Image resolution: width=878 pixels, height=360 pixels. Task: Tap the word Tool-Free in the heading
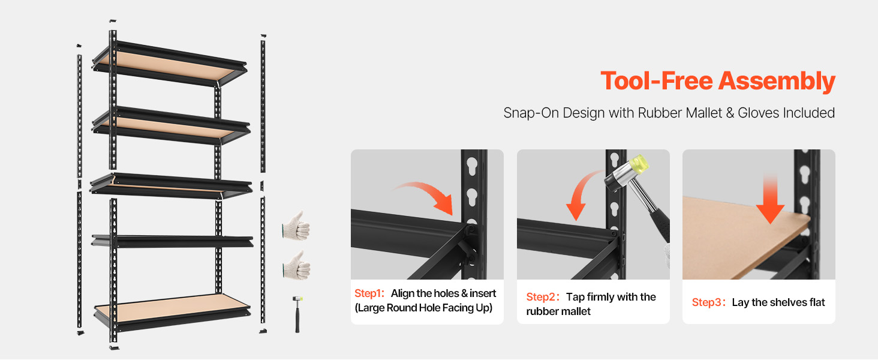(x=657, y=81)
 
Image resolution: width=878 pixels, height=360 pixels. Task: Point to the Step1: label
(x=369, y=293)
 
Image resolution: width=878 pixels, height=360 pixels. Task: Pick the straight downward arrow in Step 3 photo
(x=770, y=199)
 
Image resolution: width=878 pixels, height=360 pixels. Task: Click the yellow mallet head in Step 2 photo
(x=639, y=165)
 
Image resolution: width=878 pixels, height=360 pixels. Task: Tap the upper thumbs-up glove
(x=296, y=226)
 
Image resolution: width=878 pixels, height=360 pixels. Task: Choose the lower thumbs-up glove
(x=297, y=266)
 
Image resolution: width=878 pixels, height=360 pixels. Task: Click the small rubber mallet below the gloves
(x=297, y=314)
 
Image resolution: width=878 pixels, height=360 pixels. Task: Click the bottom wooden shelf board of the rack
(x=173, y=308)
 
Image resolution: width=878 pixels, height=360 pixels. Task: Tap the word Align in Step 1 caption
(x=402, y=294)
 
